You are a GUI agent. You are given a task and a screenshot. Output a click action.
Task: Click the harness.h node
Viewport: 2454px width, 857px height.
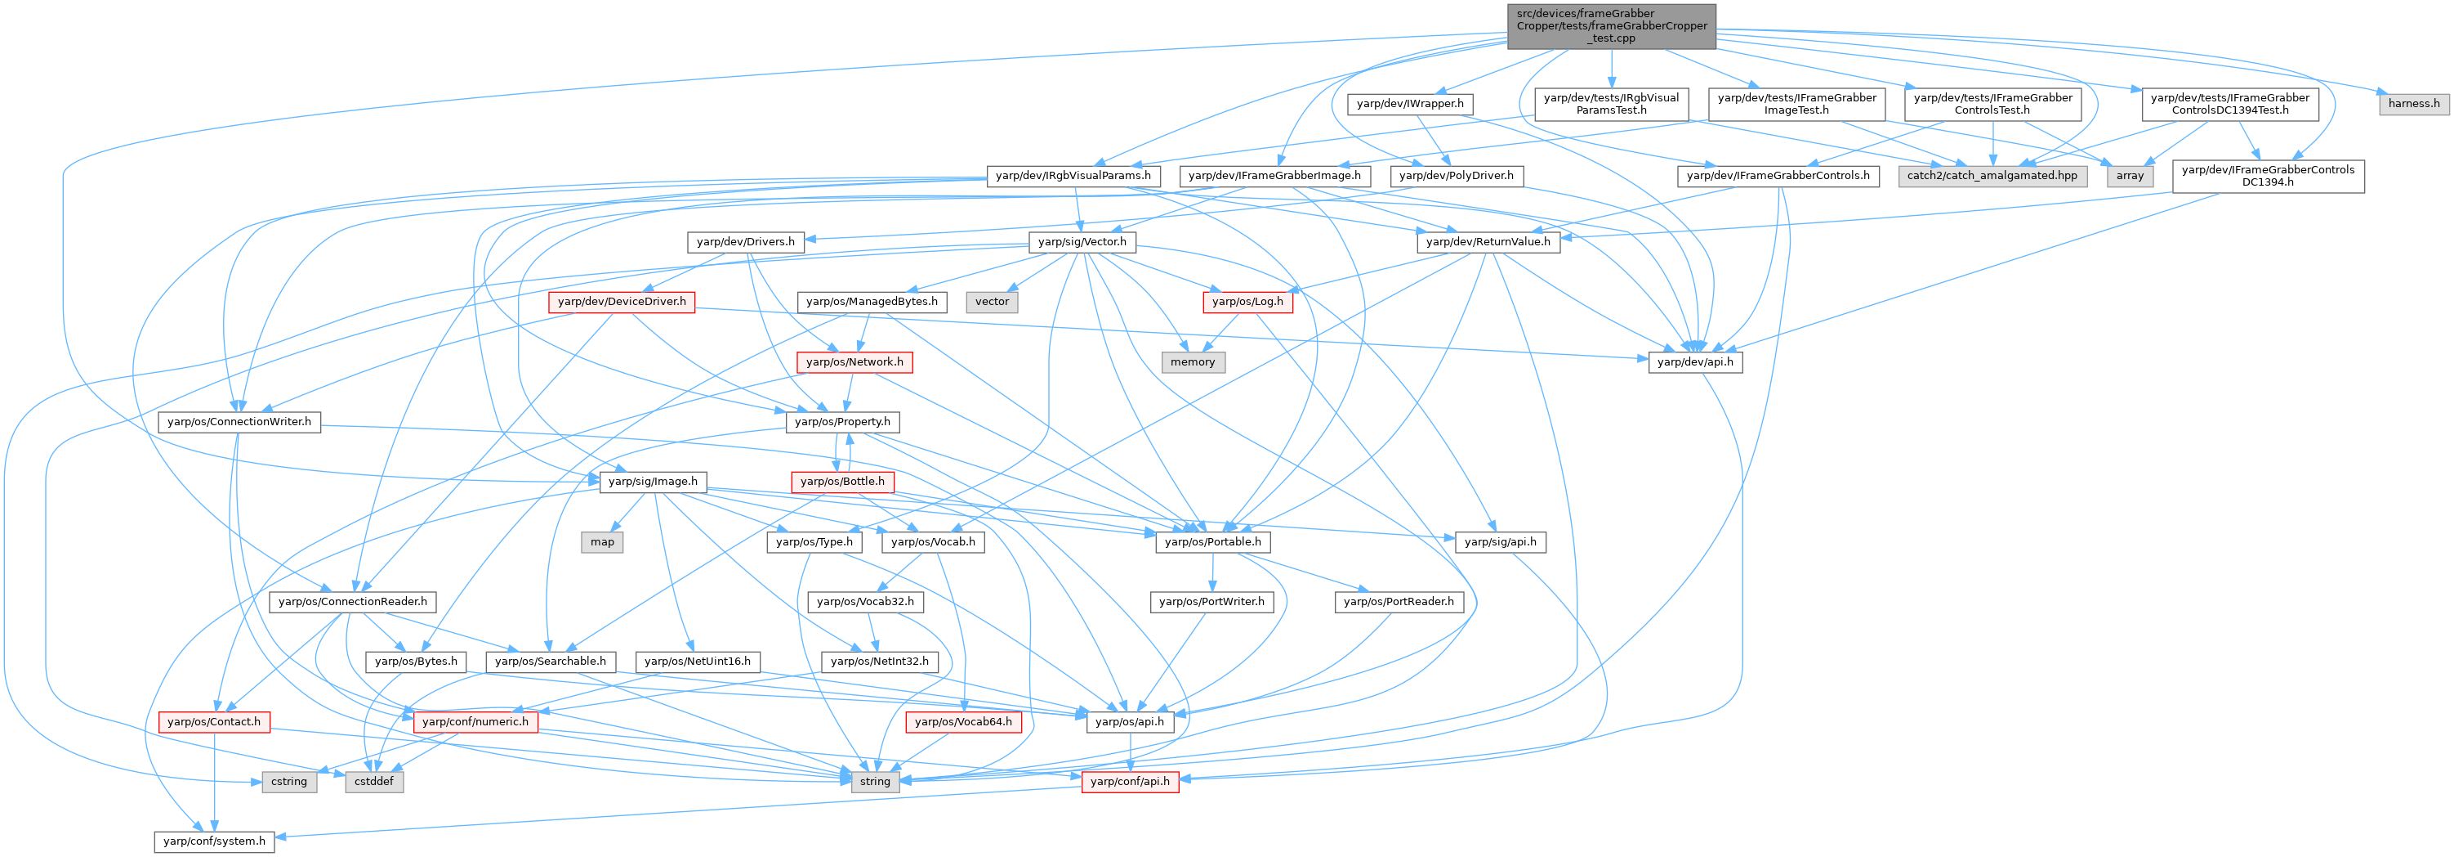2413,103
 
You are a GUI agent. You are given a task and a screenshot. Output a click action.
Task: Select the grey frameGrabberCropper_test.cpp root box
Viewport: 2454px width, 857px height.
1612,25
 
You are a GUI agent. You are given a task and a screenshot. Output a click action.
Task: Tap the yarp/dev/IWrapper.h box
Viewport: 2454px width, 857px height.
1410,103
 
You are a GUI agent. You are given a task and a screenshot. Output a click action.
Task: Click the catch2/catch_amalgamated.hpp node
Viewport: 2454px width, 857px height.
1992,175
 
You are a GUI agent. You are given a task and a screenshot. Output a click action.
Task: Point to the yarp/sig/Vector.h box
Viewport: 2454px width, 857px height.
1082,242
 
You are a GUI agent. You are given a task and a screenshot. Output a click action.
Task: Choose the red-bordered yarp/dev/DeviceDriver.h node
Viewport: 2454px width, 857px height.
621,301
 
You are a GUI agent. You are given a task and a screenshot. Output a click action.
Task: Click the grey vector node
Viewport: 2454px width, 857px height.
992,301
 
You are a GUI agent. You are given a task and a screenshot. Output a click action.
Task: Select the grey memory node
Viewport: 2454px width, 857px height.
1193,362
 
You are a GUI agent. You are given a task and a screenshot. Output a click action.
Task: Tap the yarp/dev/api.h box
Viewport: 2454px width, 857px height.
1695,362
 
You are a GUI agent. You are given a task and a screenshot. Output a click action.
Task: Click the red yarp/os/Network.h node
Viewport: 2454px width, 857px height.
854,362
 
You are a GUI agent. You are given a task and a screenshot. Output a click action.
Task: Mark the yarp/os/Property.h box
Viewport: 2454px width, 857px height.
842,421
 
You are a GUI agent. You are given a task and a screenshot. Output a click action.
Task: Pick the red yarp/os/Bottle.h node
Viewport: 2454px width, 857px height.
842,482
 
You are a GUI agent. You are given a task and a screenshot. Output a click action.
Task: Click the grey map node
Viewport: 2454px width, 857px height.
602,541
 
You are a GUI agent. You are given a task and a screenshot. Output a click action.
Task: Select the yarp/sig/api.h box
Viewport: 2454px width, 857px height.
1500,541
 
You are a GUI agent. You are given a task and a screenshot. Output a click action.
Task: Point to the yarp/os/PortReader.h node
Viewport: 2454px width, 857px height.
1399,602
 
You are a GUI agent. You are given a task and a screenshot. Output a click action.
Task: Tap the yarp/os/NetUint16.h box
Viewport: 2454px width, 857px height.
698,661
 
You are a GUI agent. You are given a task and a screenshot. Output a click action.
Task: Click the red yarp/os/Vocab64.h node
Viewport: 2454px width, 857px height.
963,721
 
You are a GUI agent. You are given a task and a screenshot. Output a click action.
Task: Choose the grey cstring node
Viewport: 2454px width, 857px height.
288,782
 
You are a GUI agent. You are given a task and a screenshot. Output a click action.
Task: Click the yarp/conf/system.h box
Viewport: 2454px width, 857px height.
214,841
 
